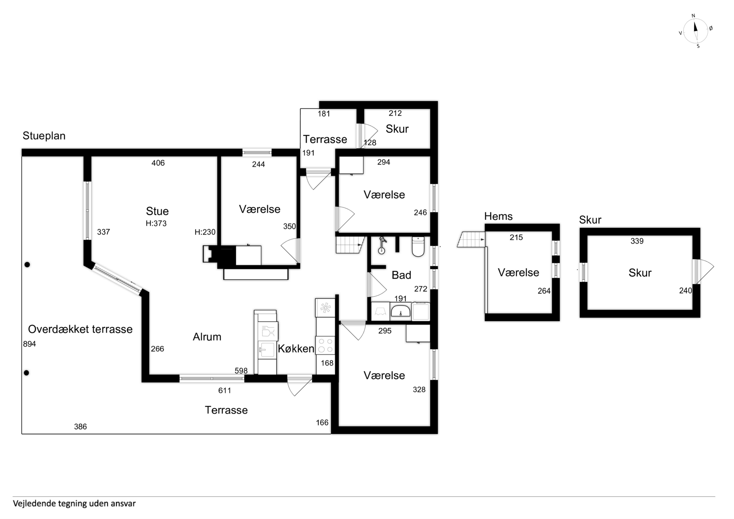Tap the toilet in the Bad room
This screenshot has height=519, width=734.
pyautogui.click(x=418, y=247)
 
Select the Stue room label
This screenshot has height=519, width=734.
pyautogui.click(x=157, y=211)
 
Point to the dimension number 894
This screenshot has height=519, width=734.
pyautogui.click(x=29, y=344)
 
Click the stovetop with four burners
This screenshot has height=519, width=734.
pyautogui.click(x=325, y=345)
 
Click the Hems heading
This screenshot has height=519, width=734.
pyautogui.click(x=498, y=217)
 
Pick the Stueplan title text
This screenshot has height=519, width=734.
pyautogui.click(x=44, y=136)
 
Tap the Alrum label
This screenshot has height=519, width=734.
pyautogui.click(x=207, y=337)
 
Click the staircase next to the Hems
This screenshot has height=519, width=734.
pyautogui.click(x=471, y=239)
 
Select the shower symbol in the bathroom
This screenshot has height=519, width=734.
pyautogui.click(x=382, y=246)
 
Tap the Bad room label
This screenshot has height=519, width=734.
pyautogui.click(x=402, y=275)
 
